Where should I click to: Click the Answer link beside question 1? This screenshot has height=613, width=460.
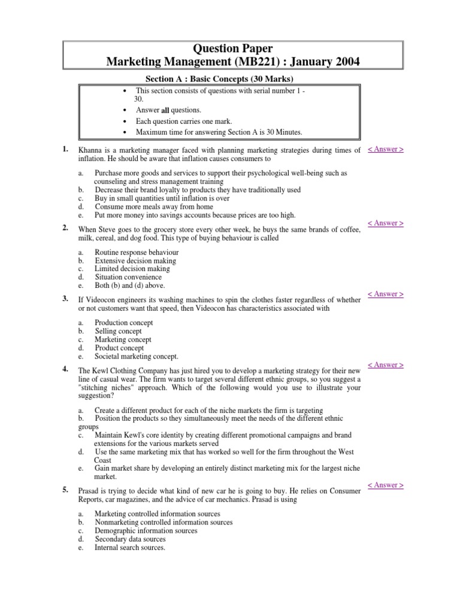[385, 149]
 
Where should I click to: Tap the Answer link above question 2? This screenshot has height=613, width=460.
[385, 223]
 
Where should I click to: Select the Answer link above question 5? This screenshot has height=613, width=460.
[385, 485]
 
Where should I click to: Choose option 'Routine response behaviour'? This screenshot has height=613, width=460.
[137, 253]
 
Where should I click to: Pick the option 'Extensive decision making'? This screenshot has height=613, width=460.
[135, 261]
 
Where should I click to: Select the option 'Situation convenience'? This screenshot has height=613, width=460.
[128, 278]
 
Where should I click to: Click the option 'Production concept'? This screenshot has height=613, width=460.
[124, 323]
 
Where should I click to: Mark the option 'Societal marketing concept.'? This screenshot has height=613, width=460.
[137, 356]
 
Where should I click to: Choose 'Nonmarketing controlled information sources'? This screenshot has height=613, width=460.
[164, 522]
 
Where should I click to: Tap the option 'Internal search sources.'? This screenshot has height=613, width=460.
[130, 547]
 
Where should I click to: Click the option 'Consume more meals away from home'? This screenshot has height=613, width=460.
[154, 207]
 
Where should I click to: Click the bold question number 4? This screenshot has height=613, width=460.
[65, 368]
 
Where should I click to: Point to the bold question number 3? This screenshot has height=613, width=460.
[65, 298]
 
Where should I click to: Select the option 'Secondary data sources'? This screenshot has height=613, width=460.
[130, 539]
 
